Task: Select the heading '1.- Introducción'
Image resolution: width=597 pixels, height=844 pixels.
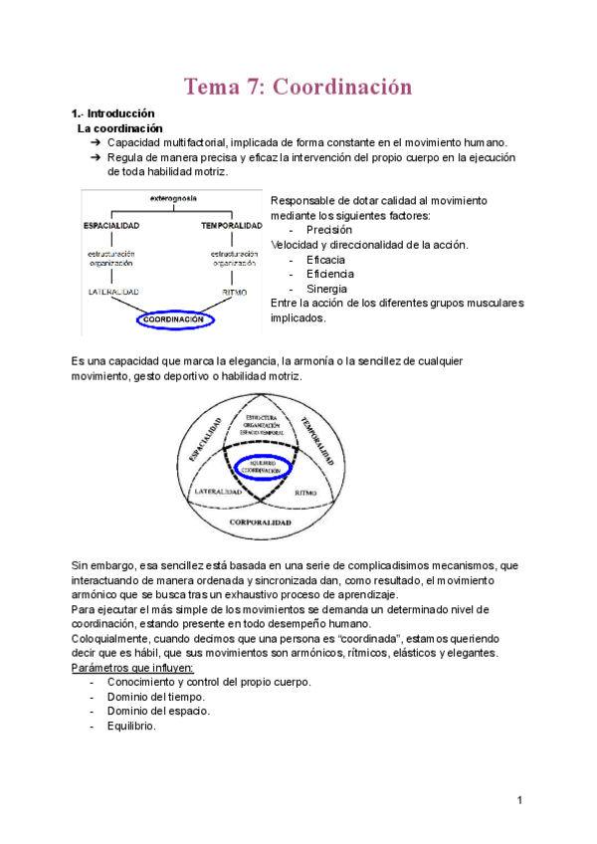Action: point(112,114)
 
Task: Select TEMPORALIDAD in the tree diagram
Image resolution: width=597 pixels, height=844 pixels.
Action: point(231,226)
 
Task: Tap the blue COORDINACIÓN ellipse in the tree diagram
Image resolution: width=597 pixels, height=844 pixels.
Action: point(179,319)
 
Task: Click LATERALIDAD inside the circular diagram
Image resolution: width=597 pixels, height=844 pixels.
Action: point(220,492)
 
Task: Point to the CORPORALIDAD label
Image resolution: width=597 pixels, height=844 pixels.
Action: point(260,521)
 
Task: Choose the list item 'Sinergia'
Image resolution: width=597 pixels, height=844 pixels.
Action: point(327,289)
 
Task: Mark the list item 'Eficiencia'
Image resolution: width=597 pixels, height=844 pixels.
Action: point(330,274)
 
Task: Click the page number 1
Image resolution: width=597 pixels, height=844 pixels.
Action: point(519,800)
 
